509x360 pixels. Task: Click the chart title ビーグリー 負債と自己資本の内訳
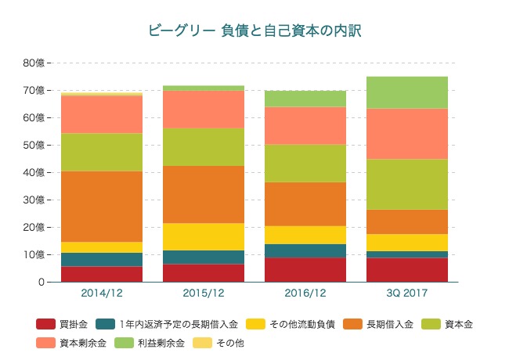(254, 31)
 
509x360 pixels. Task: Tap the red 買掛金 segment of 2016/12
(306, 269)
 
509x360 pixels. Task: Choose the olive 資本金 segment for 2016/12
(306, 163)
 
